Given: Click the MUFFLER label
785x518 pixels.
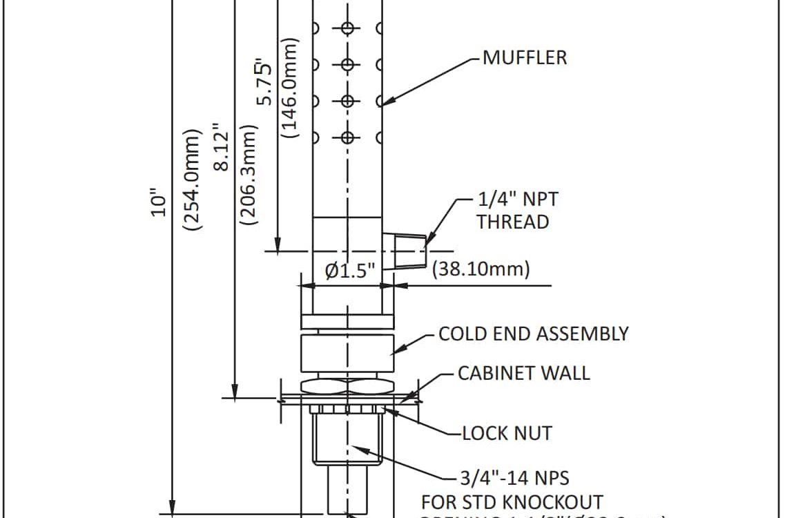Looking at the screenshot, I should [x=525, y=57].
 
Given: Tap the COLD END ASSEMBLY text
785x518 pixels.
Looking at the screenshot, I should [x=534, y=334].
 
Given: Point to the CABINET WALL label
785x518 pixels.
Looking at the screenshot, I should [x=524, y=373].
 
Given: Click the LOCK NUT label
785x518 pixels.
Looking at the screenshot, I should [x=507, y=433].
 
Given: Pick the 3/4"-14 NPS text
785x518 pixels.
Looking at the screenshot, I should [x=514, y=477].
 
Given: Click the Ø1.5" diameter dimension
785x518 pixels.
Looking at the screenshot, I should [x=350, y=271].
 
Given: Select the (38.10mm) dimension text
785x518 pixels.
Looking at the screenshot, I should [x=481, y=269].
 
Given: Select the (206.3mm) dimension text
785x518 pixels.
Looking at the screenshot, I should [x=247, y=175].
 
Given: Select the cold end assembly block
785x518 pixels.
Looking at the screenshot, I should [x=347, y=354].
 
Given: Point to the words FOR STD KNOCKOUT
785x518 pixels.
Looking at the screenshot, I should [x=512, y=501].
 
